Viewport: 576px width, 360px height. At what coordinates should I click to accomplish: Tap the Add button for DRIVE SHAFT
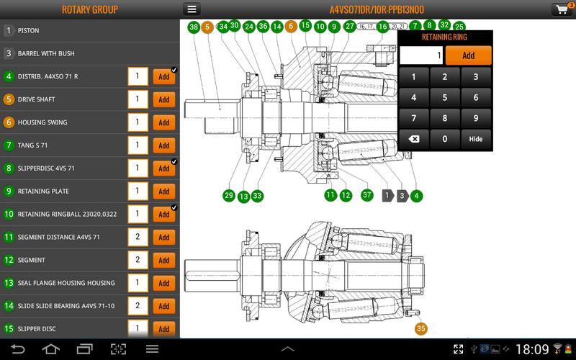coord(163,99)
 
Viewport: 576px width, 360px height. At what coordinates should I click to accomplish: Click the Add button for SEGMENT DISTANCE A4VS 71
coord(163,237)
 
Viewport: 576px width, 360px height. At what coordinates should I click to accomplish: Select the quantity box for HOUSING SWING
coord(137,122)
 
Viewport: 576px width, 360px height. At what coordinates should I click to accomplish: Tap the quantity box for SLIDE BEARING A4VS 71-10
coord(137,306)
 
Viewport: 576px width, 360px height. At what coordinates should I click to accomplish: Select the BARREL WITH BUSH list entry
coord(46,53)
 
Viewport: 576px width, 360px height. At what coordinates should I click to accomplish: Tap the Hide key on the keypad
coord(475,139)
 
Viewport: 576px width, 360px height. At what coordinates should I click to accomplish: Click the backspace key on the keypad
coord(414,139)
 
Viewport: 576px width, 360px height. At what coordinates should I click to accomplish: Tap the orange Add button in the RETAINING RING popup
coord(468,55)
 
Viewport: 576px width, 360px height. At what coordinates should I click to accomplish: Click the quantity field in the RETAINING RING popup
coord(421,55)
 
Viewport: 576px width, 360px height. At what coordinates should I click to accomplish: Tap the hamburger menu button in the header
coord(192,9)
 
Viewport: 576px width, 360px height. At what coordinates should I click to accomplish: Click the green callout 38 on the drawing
coord(194,27)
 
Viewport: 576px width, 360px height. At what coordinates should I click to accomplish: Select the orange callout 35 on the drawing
coord(421,328)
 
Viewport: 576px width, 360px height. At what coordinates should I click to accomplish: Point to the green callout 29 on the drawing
coord(229,195)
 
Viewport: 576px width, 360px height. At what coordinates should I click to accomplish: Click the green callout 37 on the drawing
coord(366,195)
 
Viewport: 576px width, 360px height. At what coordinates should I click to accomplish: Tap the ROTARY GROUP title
coord(89,10)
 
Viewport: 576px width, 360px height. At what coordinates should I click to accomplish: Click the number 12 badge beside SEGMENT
coord(9,260)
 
